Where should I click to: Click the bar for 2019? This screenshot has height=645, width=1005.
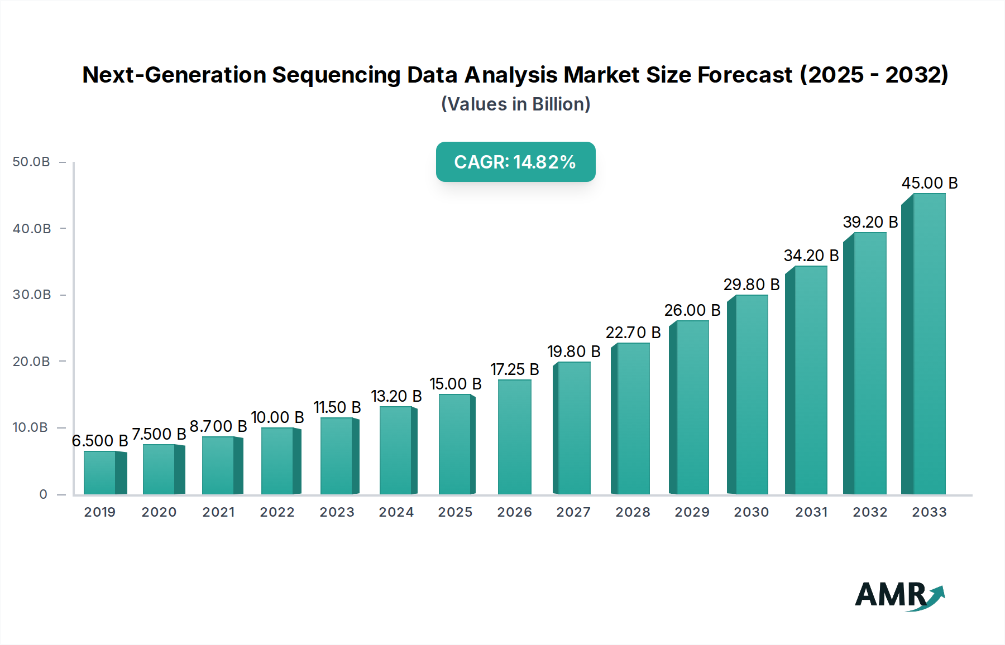click(x=100, y=473)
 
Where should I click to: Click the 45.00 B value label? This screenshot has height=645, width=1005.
click(x=930, y=183)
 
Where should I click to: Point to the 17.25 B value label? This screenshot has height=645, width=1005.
click(x=515, y=369)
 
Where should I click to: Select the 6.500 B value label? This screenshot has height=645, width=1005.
click(x=100, y=441)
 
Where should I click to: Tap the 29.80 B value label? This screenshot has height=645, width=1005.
click(x=752, y=285)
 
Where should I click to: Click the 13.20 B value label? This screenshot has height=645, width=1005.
click(x=396, y=396)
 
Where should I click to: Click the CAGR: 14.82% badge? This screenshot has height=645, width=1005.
click(x=515, y=162)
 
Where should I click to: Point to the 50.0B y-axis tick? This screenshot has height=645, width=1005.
click(x=31, y=162)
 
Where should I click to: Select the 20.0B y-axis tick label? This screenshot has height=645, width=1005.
click(x=31, y=362)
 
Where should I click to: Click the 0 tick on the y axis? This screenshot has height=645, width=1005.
click(x=43, y=494)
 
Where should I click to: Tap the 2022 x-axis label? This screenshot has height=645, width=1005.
click(x=277, y=512)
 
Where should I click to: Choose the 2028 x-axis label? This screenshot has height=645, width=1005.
click(x=633, y=512)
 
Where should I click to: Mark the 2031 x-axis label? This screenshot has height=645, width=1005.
click(x=811, y=512)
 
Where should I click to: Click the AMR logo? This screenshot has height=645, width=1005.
click(x=899, y=595)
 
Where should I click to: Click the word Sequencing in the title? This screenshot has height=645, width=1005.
click(x=336, y=75)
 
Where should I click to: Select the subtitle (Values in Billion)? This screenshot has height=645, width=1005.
click(x=515, y=104)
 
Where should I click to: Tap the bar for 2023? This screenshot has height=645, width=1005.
click(x=337, y=456)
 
